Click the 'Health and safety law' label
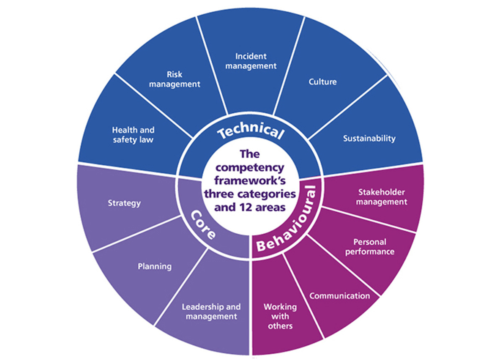133,135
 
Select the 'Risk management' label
175,79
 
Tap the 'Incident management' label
250,61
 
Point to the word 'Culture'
322,81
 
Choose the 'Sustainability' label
369,138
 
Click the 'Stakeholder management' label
382,197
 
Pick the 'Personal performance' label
373,247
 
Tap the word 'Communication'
340,295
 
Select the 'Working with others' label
280,316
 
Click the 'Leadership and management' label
211,311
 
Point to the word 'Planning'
155,266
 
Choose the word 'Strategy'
124,203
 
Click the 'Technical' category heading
250,131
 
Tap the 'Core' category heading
203,224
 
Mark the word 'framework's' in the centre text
250,181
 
